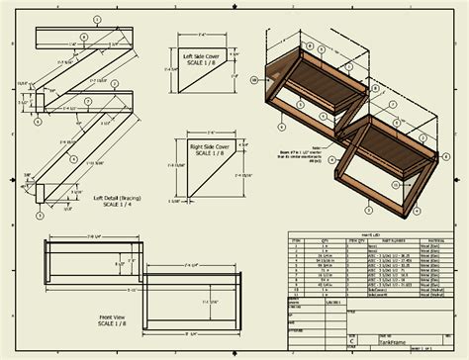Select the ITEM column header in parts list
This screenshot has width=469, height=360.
tap(296, 240)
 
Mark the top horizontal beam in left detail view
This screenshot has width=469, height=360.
tap(79, 36)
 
